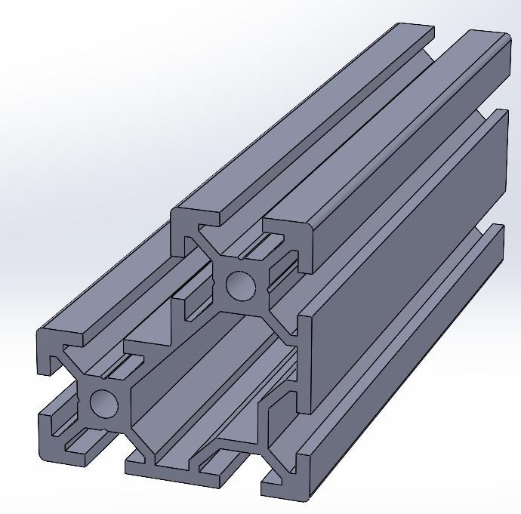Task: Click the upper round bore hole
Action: [x=241, y=285]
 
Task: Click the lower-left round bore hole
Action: [x=104, y=403]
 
